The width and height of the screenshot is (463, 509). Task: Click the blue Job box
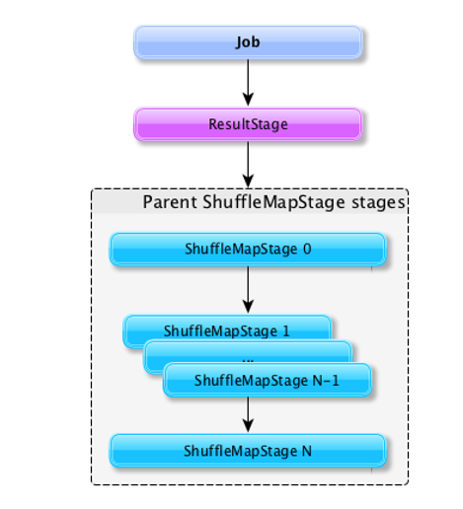tap(248, 42)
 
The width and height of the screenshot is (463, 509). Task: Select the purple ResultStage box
tap(248, 124)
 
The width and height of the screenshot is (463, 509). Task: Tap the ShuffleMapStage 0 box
tap(248, 250)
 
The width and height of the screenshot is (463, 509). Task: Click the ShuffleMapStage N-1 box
tap(268, 380)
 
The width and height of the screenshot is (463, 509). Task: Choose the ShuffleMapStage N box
tap(248, 451)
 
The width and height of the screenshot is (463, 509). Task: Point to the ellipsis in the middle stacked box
tap(248, 360)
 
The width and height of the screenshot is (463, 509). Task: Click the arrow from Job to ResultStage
tap(248, 83)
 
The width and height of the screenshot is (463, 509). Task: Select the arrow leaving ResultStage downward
tap(248, 165)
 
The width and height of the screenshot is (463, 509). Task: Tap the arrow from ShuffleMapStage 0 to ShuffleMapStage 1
tap(248, 290)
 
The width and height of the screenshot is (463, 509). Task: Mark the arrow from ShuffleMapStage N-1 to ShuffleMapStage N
tap(248, 414)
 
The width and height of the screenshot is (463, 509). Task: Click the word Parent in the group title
tap(170, 202)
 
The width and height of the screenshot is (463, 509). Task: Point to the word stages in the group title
tap(378, 203)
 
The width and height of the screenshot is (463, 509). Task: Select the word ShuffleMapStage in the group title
tap(273, 202)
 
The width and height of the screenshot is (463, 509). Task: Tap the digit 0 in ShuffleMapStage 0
tap(307, 249)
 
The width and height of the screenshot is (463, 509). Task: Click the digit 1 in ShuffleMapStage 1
tap(286, 330)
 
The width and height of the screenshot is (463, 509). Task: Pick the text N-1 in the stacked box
tap(326, 381)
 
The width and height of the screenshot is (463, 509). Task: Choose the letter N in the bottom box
tap(307, 451)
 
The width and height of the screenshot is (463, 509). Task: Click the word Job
tap(248, 42)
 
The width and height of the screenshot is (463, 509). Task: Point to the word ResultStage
tap(248, 124)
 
